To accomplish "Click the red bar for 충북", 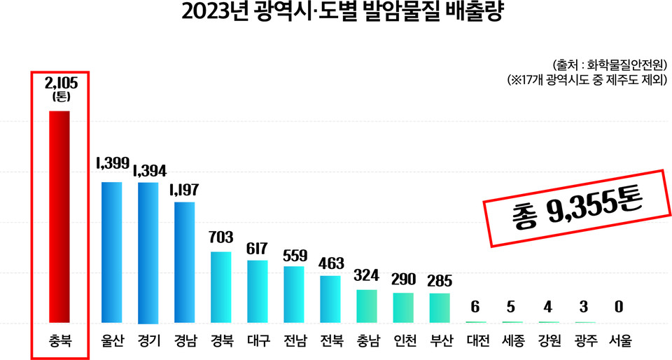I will pyautogui.click(x=59, y=216).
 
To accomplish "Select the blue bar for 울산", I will pyautogui.click(x=112, y=253).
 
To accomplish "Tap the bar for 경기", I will pyautogui.click(x=148, y=253).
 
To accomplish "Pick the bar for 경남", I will pyautogui.click(x=185, y=263).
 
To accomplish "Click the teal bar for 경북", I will pyautogui.click(x=221, y=287).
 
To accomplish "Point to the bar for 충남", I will pyautogui.click(x=367, y=306).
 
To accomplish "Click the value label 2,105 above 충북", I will pyautogui.click(x=61, y=83).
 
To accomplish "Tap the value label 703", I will pyautogui.click(x=221, y=237).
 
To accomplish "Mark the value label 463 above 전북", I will pyautogui.click(x=330, y=263).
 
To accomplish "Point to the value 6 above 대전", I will pyautogui.click(x=476, y=307).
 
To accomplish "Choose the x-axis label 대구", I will pyautogui.click(x=258, y=342).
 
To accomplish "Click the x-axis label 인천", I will pyautogui.click(x=403, y=342).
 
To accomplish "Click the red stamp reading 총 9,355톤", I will pyautogui.click(x=577, y=207).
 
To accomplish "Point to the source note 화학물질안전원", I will pyautogui.click(x=609, y=64).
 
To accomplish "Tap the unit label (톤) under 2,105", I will pyautogui.click(x=61, y=97).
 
